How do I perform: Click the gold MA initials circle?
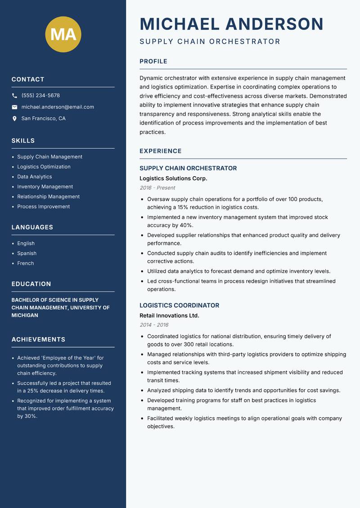63,34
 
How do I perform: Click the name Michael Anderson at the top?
231,24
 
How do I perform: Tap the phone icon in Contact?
14,96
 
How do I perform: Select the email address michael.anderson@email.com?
58,107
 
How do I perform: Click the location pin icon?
14,119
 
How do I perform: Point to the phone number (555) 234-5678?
40,96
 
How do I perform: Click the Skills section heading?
23,141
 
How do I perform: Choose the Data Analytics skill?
35,177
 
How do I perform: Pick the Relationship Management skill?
48,196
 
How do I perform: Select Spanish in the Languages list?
27,253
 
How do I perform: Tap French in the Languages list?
26,263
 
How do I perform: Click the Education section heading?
31,284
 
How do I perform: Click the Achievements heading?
38,339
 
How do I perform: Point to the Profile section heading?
153,62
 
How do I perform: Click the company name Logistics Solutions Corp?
173,178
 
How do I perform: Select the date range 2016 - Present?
157,188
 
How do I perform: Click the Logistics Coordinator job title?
179,305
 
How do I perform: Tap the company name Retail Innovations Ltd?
169,316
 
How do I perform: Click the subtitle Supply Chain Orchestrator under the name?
210,42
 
